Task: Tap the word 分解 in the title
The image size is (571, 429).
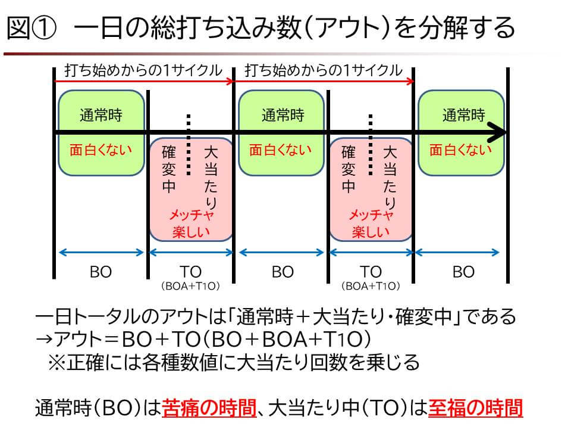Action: click(443, 29)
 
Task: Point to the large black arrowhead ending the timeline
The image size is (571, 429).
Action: click(497, 132)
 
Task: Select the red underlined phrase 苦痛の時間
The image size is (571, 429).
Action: click(209, 408)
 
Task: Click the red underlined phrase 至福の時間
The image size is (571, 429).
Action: click(476, 408)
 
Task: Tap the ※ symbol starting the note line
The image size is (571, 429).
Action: click(57, 363)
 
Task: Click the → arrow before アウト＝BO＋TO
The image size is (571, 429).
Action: click(45, 339)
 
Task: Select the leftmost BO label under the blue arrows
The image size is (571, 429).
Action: click(101, 272)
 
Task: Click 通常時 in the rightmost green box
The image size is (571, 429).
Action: click(463, 115)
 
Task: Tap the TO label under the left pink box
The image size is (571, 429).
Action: click(190, 272)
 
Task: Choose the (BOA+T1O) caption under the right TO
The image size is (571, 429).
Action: click(371, 286)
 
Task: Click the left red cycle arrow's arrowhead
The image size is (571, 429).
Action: click(230, 81)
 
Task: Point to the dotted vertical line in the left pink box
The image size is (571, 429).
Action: click(189, 145)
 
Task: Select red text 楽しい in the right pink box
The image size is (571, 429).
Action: click(371, 232)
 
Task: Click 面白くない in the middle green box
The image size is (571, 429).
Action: click(280, 150)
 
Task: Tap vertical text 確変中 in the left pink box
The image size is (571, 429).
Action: click(168, 169)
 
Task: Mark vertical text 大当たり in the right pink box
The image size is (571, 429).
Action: click(390, 178)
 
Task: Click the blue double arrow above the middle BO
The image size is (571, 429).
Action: click(281, 252)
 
